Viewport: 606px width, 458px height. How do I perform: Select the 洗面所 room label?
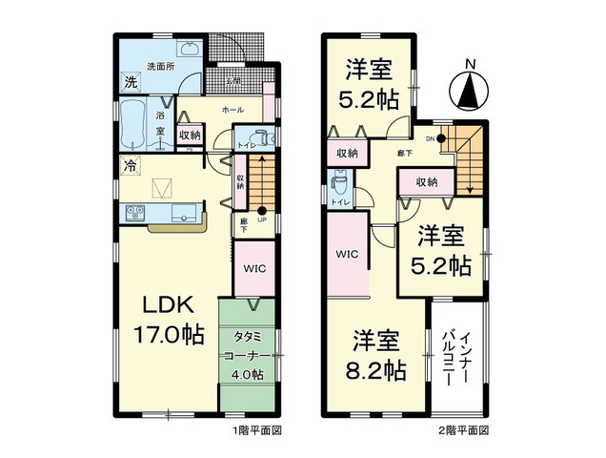coord(159,66)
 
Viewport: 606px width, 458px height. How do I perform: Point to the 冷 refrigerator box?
coord(130,164)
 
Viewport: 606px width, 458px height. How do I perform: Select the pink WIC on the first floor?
coord(252,268)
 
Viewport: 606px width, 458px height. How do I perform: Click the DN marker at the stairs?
coord(431,138)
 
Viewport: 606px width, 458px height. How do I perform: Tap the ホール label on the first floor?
coord(231,111)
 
